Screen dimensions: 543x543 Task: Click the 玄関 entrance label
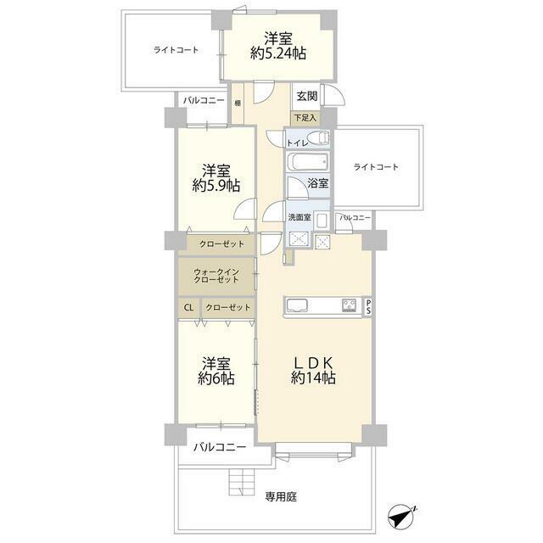(x=307, y=96)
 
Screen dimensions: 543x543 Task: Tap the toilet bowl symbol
(x=319, y=138)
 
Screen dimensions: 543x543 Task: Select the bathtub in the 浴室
(x=307, y=162)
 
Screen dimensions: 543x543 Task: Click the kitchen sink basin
(x=297, y=305)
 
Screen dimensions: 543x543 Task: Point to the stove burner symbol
(x=349, y=305)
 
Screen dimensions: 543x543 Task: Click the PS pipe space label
(x=368, y=306)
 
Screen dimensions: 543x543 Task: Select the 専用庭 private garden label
(x=281, y=497)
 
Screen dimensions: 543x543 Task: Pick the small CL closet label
(x=188, y=307)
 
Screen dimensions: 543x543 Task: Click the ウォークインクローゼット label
(x=216, y=276)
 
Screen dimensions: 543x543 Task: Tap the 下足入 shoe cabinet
(x=305, y=118)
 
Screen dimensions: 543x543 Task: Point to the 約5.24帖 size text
(x=278, y=53)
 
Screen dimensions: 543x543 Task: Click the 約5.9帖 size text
(x=216, y=186)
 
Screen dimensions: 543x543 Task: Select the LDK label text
(x=313, y=363)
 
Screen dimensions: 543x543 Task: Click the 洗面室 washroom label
(x=299, y=217)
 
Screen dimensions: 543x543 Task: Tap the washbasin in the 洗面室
(x=322, y=221)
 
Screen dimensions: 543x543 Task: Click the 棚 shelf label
(x=238, y=103)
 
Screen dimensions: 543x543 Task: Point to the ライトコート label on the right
(x=376, y=167)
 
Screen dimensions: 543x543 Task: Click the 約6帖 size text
(x=216, y=378)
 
